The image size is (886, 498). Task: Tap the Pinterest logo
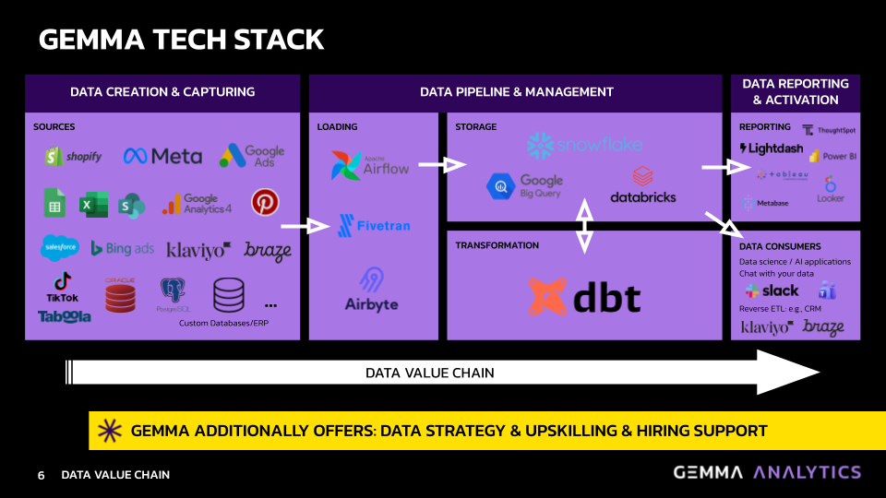pyautogui.click(x=265, y=202)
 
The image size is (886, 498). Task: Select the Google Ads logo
pyautogui.click(x=252, y=156)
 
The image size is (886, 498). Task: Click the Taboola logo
pyautogui.click(x=65, y=316)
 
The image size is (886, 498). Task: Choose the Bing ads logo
pyautogui.click(x=122, y=249)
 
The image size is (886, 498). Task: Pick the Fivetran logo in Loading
pyautogui.click(x=374, y=225)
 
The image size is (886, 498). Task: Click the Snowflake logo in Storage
pyautogui.click(x=583, y=145)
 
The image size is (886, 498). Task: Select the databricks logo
pyautogui.click(x=642, y=185)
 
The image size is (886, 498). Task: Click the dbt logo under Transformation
pyautogui.click(x=584, y=297)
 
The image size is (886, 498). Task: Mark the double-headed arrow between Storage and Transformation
pyautogui.click(x=584, y=225)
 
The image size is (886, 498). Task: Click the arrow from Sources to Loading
pyautogui.click(x=305, y=225)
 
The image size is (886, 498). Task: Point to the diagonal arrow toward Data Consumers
pyautogui.click(x=723, y=222)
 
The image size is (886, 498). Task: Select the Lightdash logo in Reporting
pyautogui.click(x=770, y=148)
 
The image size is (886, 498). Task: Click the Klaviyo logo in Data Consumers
pyautogui.click(x=766, y=327)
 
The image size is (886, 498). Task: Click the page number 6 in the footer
pyautogui.click(x=41, y=475)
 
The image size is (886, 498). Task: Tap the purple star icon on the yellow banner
pyautogui.click(x=110, y=431)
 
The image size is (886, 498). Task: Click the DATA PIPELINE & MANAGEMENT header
pyautogui.click(x=516, y=92)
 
